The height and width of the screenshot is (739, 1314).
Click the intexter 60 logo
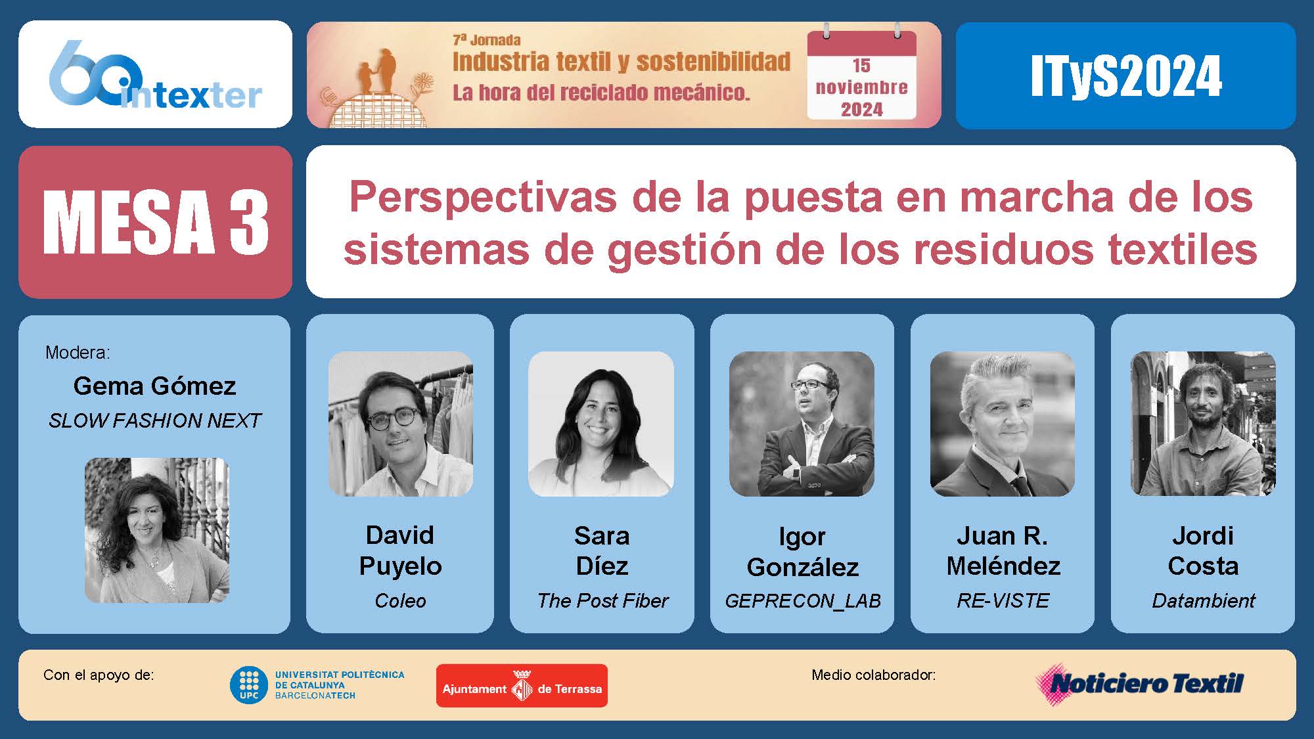pyautogui.click(x=156, y=74)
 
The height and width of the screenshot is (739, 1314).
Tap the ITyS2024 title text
pyautogui.click(x=1126, y=76)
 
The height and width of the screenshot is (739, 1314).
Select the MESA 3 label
pyautogui.click(x=156, y=222)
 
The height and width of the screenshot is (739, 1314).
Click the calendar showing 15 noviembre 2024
pyautogui.click(x=861, y=74)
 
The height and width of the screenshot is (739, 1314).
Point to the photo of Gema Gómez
pyautogui.click(x=156, y=530)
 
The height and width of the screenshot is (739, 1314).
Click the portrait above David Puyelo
pyautogui.click(x=400, y=424)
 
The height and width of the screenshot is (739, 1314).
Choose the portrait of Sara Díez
pyautogui.click(x=601, y=424)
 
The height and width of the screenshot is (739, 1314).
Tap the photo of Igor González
pyautogui.click(x=802, y=424)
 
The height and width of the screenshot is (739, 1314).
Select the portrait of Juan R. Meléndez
pyautogui.click(x=1002, y=424)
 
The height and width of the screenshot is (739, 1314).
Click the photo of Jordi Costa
pyautogui.click(x=1203, y=424)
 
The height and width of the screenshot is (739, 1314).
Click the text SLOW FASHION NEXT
pyautogui.click(x=155, y=420)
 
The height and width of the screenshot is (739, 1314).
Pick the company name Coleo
pyautogui.click(x=400, y=600)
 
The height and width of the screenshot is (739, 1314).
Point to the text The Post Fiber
pyautogui.click(x=602, y=600)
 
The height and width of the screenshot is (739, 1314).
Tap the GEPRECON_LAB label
pyautogui.click(x=802, y=601)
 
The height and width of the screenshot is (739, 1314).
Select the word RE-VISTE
pyautogui.click(x=1003, y=600)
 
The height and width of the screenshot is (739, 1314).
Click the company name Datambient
pyautogui.click(x=1203, y=600)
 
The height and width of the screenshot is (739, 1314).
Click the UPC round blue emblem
pyautogui.click(x=248, y=685)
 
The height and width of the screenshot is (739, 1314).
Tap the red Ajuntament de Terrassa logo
pyautogui.click(x=522, y=686)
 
